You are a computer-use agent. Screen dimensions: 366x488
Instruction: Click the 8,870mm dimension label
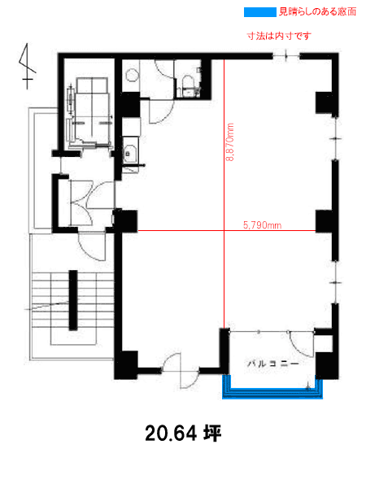(x=230, y=142)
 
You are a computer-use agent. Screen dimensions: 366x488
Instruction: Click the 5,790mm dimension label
(x=262, y=225)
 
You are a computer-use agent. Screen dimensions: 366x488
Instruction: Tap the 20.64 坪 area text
(x=183, y=434)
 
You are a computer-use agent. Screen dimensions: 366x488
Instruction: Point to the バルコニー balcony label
(x=273, y=364)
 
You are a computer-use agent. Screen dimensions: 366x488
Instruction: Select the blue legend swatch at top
(x=260, y=12)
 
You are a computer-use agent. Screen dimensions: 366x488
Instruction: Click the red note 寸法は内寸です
(x=279, y=36)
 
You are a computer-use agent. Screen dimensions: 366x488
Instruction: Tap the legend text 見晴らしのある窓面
(x=317, y=12)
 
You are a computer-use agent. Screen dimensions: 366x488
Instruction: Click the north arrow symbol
(x=27, y=66)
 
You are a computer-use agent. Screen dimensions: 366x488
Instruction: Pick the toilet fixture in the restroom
(x=189, y=84)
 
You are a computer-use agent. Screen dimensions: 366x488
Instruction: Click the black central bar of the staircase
(x=73, y=300)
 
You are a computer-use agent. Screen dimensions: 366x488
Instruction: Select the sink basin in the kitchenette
(x=129, y=154)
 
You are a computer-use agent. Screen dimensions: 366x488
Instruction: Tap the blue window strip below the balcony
(x=272, y=393)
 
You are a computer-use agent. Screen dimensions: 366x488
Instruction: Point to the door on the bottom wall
(x=181, y=371)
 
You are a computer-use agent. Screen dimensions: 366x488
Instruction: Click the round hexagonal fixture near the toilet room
(x=131, y=76)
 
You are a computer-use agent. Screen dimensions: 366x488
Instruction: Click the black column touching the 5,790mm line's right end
(x=325, y=221)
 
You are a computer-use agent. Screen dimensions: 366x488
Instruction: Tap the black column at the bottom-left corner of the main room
(x=126, y=364)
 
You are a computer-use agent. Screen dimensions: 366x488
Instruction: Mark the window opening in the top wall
(x=286, y=56)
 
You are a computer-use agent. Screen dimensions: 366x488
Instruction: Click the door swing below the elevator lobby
(x=92, y=246)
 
